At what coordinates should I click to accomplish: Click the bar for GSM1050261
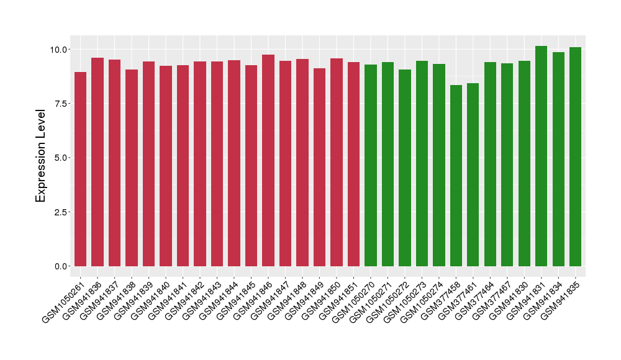click(80, 169)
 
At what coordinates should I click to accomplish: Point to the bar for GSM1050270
click(371, 165)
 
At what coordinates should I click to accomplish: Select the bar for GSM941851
click(353, 164)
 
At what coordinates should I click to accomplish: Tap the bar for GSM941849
click(319, 167)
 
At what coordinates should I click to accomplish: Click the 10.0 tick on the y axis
click(60, 49)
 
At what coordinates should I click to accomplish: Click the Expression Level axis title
click(41, 156)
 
